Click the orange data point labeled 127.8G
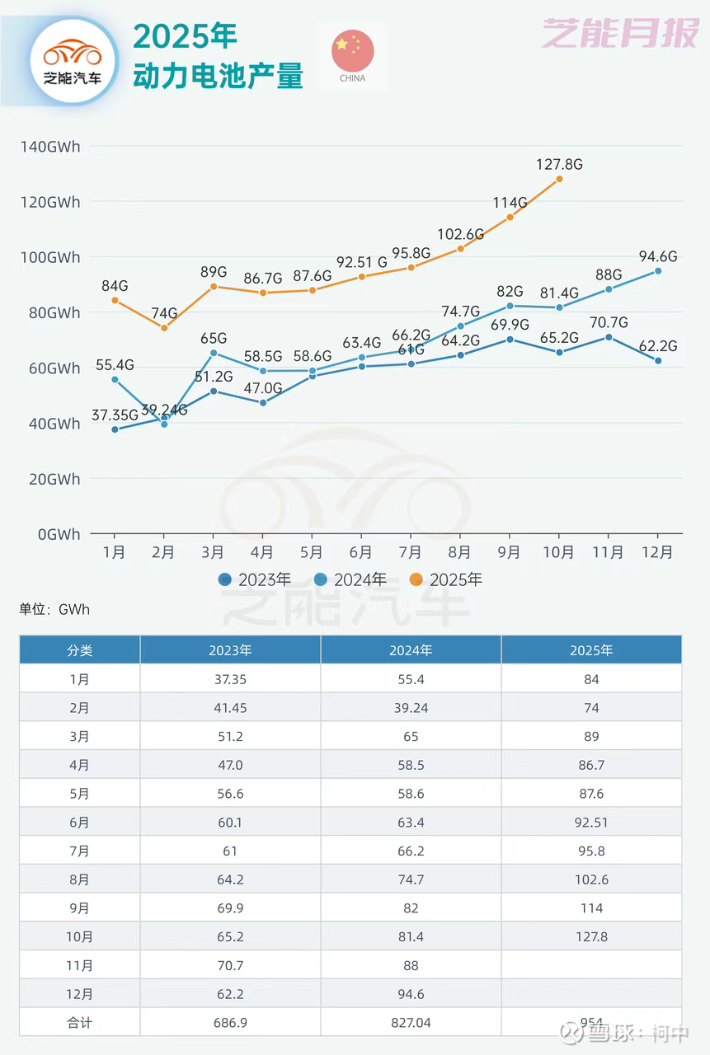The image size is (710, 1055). (x=559, y=178)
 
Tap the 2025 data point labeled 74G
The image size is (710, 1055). (x=164, y=328)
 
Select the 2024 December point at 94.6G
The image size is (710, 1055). (x=658, y=270)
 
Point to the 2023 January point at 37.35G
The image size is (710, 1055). (x=115, y=429)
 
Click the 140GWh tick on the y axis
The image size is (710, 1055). (x=51, y=147)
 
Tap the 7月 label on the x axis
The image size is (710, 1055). (x=411, y=552)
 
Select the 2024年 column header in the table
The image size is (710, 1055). (x=411, y=650)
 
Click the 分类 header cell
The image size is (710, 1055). (x=80, y=650)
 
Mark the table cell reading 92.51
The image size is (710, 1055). (x=591, y=823)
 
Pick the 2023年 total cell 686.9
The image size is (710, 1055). (x=230, y=1023)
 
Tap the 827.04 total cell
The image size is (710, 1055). (x=411, y=1023)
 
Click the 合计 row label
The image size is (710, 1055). (x=80, y=1023)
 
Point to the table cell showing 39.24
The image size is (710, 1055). (x=411, y=708)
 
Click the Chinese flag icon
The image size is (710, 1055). (x=353, y=51)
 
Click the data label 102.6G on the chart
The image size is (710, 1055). (x=460, y=233)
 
